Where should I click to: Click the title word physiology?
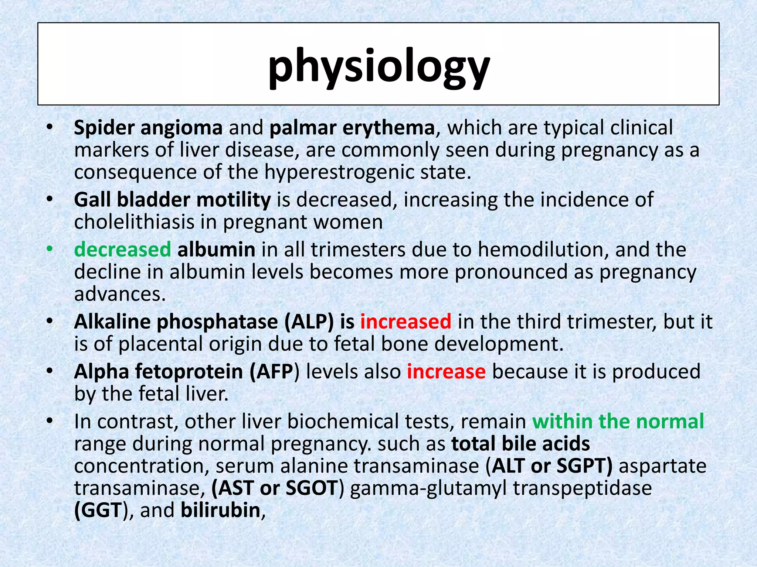378,68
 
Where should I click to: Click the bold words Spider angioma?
148,128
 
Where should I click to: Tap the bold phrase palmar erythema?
352,128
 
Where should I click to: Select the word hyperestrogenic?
340,172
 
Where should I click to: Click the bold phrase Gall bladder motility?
172,200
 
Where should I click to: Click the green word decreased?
122,250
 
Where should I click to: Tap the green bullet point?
50,250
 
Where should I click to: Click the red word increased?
405,322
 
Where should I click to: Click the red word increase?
446,372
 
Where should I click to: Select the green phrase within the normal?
618,422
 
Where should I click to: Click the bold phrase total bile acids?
520,444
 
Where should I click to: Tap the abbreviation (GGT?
98,510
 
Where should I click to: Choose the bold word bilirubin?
221,510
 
